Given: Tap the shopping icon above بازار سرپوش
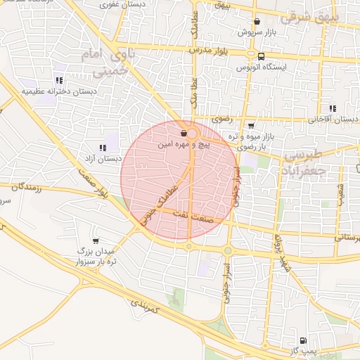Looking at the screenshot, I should (x=257, y=22).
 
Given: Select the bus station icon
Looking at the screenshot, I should (x=262, y=56).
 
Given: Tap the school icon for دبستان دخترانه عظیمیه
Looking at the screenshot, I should (x=58, y=79).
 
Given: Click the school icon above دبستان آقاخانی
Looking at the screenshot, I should (x=332, y=108).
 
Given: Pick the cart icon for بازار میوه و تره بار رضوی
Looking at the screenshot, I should (x=251, y=126).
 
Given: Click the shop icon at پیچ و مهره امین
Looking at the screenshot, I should (x=184, y=132).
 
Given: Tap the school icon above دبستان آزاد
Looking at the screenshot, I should (x=103, y=148).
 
